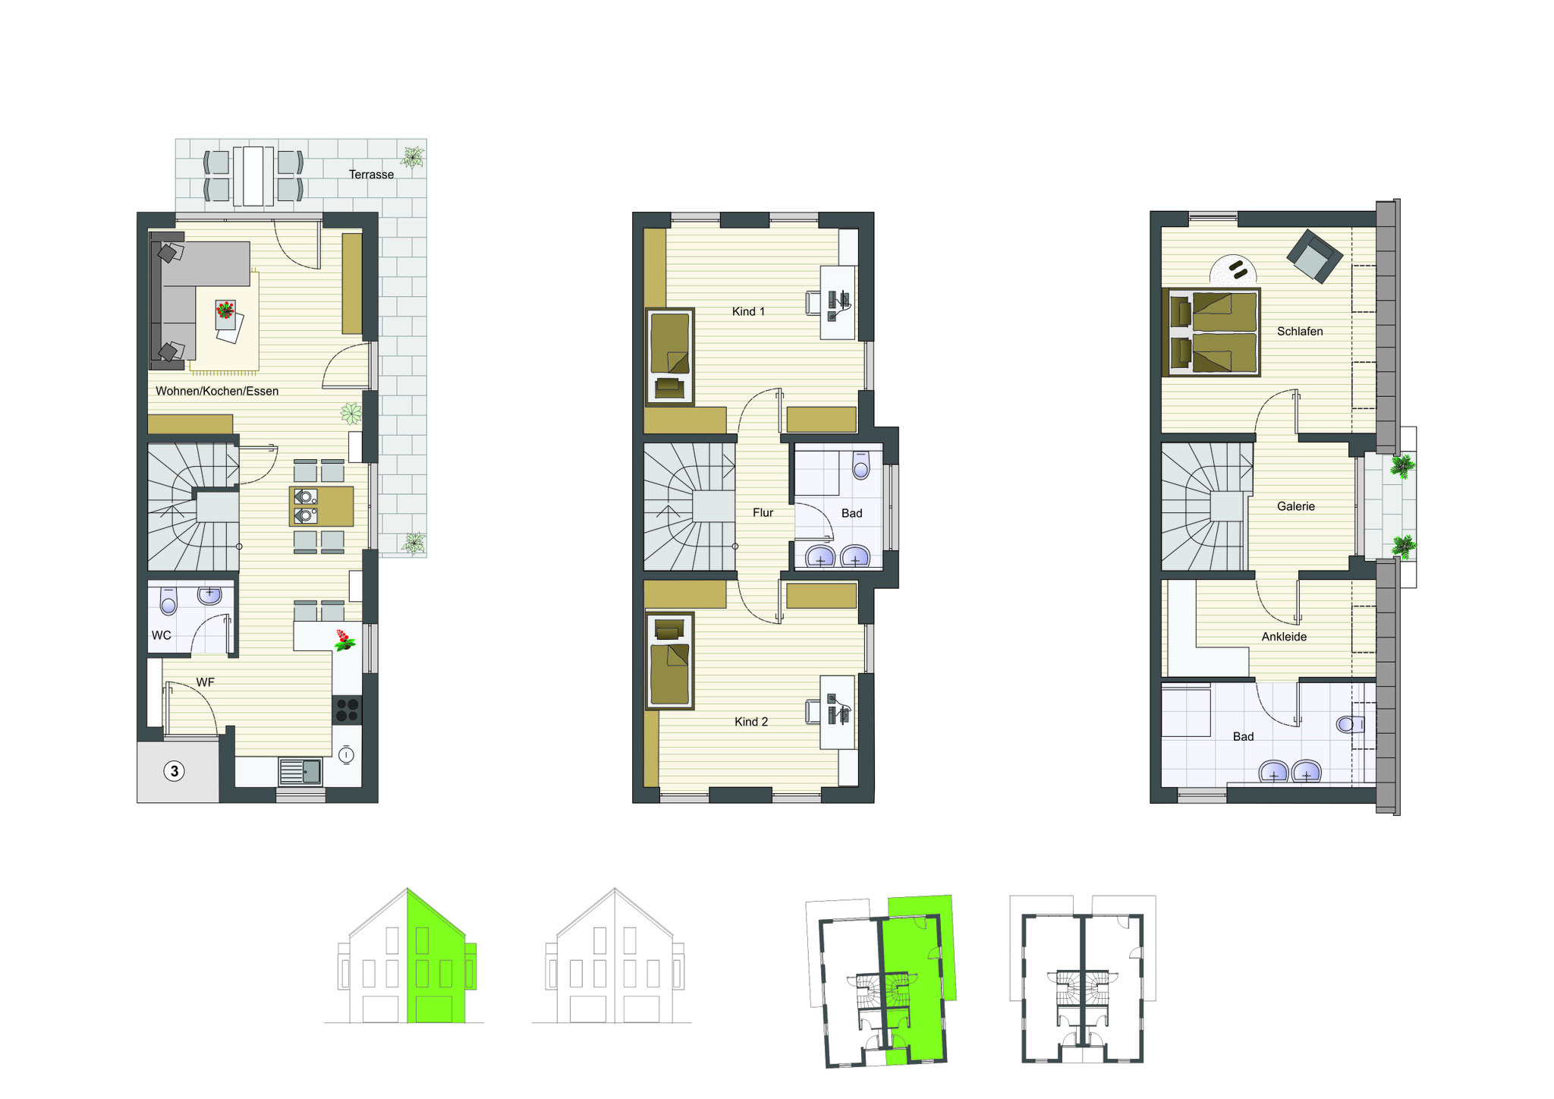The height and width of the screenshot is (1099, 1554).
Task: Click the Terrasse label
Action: [371, 175]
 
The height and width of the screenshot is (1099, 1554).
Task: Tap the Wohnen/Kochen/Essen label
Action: [217, 391]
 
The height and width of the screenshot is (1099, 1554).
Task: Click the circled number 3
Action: [175, 771]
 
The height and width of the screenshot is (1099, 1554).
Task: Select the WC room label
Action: [162, 635]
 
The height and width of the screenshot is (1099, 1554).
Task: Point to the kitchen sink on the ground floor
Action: [300, 771]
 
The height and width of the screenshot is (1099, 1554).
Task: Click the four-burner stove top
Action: [347, 710]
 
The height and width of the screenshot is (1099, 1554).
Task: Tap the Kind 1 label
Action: [748, 311]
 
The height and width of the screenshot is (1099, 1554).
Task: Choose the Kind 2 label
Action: [751, 722]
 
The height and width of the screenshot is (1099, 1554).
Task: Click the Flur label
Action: [763, 513]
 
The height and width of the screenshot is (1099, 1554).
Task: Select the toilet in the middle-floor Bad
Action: [860, 465]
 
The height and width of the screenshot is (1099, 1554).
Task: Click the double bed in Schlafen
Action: [1211, 332]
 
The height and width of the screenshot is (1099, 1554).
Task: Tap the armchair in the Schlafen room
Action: [1315, 257]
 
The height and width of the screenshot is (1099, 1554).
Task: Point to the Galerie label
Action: [1295, 506]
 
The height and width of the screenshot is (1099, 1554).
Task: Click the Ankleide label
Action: [1284, 637]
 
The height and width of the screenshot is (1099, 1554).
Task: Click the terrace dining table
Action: [253, 176]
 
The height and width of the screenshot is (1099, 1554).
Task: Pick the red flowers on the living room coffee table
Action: [225, 310]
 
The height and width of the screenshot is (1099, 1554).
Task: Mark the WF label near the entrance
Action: [205, 682]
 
